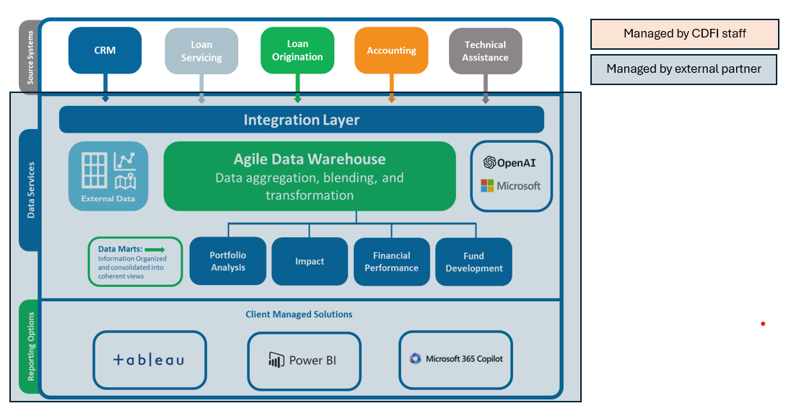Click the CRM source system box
105,50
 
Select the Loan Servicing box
201,51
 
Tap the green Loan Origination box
297,50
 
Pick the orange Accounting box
391,50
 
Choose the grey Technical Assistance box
485,50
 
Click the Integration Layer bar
301,120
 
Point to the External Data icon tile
108,176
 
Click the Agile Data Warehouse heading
310,159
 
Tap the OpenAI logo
510,162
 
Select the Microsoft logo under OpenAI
510,186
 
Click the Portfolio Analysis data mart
228,261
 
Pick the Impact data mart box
310,261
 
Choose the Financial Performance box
392,261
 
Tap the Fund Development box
473,261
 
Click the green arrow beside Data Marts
154,249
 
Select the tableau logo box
149,360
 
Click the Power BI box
304,360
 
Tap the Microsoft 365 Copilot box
455,359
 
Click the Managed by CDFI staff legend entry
684,34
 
